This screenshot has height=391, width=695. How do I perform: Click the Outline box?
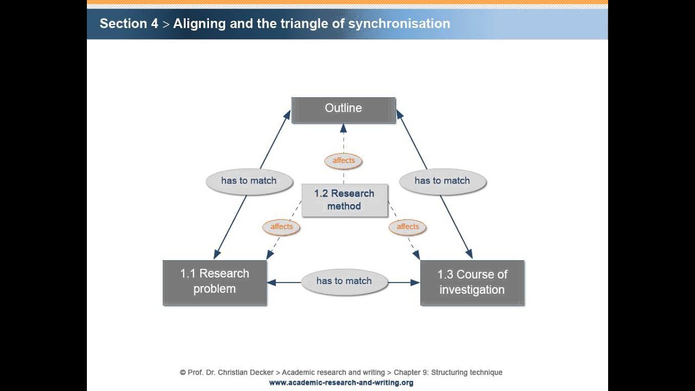pos(344,110)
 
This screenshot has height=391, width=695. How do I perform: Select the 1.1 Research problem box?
pos(214,283)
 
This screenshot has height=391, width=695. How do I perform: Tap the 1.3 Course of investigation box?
pos(472,283)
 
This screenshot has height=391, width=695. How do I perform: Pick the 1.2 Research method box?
pos(345,200)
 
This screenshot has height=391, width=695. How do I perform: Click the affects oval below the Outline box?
pos(344,161)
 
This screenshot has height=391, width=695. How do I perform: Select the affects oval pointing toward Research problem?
pos(281,227)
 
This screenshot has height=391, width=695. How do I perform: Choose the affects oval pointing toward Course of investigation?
pos(407,227)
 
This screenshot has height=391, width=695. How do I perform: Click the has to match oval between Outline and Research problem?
pos(249,181)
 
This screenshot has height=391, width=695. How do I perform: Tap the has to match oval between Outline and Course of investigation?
pos(443,181)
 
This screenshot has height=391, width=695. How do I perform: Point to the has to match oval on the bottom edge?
pos(344,281)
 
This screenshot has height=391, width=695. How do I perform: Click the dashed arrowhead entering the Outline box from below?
pos(343,128)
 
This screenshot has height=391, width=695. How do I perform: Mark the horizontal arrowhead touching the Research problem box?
pos(271,282)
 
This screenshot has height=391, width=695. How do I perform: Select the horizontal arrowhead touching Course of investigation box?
pos(415,282)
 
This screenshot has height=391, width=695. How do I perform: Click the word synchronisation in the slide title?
pos(399,24)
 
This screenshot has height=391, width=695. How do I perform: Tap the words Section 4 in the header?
pos(129,23)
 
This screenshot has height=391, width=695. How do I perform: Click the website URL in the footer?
pos(341,383)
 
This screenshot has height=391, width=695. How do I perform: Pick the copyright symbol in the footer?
pos(183,373)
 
